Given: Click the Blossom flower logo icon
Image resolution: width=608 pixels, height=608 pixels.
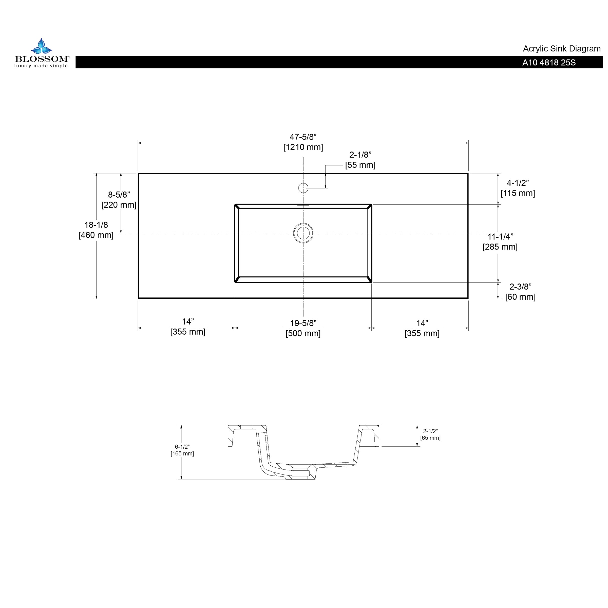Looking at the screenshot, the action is click(41, 46).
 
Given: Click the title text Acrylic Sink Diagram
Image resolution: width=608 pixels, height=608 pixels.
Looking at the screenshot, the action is click(562, 49).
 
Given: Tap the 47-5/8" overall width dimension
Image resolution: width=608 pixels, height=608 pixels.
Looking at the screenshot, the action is click(303, 142).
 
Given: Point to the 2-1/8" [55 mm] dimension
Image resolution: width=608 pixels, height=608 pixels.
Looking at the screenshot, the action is click(360, 160).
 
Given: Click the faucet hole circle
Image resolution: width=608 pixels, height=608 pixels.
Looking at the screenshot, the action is click(303, 188).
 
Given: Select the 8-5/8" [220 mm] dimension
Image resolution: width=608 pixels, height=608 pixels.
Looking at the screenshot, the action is click(119, 200).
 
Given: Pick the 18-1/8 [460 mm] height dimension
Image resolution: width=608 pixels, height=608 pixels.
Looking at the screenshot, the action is click(96, 230).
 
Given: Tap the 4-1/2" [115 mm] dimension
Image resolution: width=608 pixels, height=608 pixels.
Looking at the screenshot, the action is click(518, 188).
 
